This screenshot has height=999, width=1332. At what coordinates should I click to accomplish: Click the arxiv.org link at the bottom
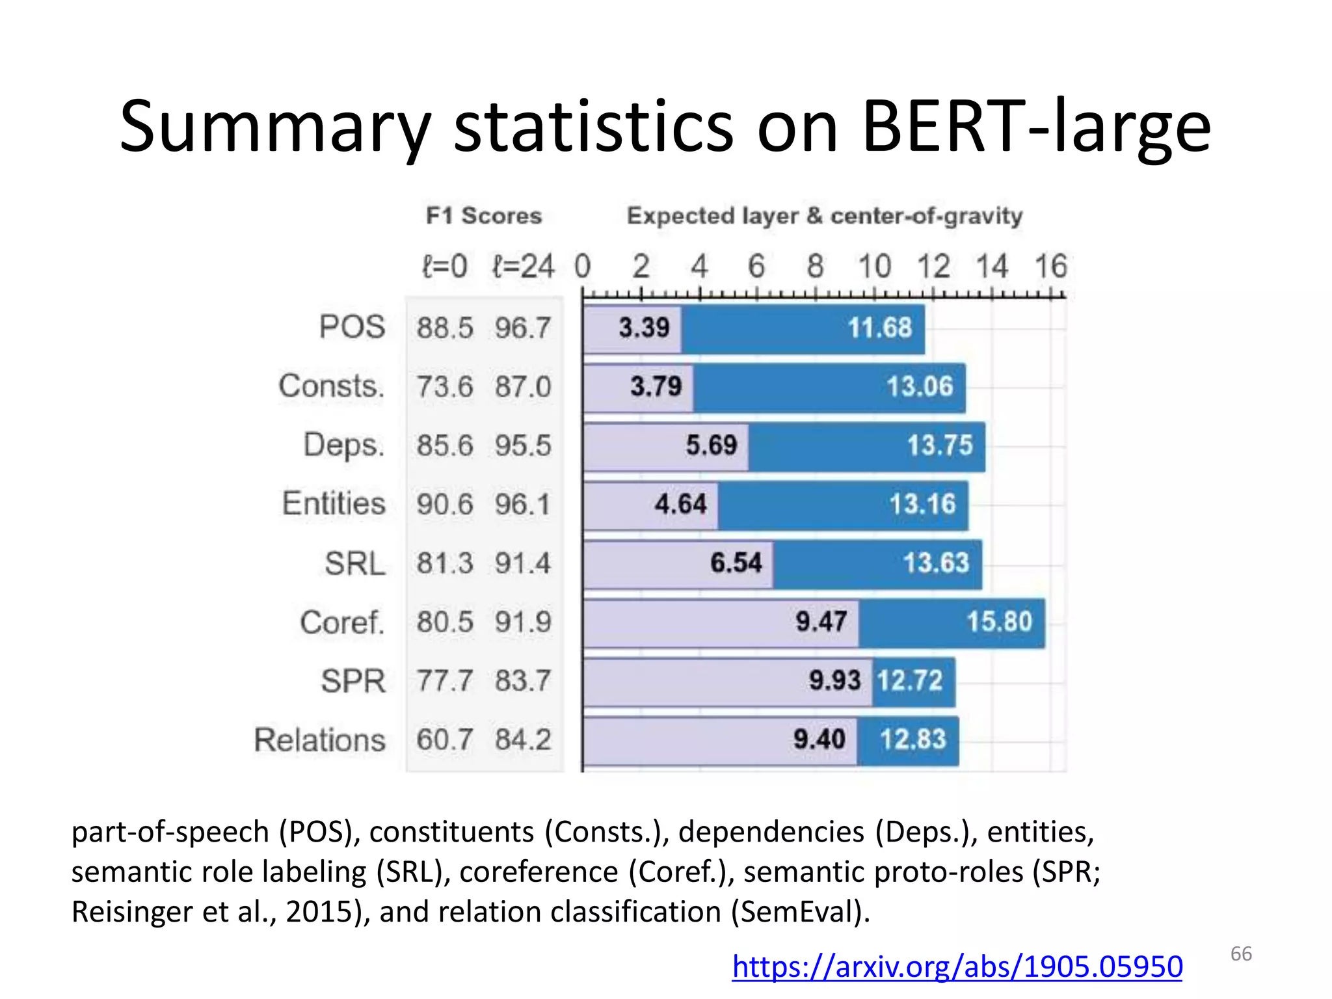[x=957, y=966]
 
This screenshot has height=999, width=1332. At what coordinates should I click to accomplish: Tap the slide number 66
[x=1241, y=953]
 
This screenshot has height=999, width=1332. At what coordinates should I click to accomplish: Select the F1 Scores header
[x=484, y=215]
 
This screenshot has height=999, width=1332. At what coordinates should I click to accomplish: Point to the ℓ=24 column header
[x=523, y=266]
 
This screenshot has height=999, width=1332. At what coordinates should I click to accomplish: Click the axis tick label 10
[x=874, y=266]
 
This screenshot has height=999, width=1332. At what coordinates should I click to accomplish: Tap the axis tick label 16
[x=1050, y=266]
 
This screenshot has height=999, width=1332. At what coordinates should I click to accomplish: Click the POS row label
[x=352, y=326]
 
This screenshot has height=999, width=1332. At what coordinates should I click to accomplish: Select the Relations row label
[x=320, y=739]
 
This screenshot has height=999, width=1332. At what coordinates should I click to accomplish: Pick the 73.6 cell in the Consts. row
[x=445, y=386]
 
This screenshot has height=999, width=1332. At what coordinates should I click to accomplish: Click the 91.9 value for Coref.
[x=523, y=622]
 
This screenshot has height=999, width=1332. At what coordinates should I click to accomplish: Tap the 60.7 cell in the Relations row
[x=445, y=739]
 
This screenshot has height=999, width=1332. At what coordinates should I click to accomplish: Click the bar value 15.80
[x=999, y=622]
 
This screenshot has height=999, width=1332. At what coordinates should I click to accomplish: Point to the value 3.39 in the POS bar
[x=644, y=327]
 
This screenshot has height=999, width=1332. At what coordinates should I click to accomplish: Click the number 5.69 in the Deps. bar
[x=712, y=446]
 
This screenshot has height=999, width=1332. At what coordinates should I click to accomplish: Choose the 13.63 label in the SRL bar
[x=936, y=563]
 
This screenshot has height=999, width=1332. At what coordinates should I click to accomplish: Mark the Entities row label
[x=334, y=503]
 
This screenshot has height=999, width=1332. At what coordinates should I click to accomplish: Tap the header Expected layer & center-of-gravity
[x=824, y=215]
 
